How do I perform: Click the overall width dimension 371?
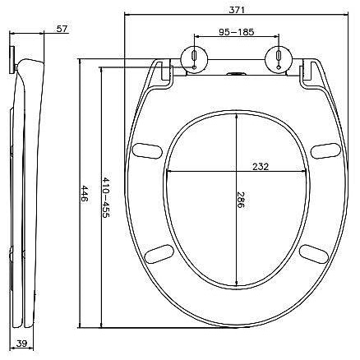(x=237, y=10)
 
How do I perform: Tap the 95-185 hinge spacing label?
(x=237, y=32)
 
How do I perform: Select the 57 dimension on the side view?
(x=62, y=29)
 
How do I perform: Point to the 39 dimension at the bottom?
(x=21, y=343)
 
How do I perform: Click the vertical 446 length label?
(x=85, y=193)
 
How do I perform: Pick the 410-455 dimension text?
(x=106, y=197)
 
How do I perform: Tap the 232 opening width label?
(x=261, y=166)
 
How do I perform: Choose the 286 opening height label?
(x=240, y=200)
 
